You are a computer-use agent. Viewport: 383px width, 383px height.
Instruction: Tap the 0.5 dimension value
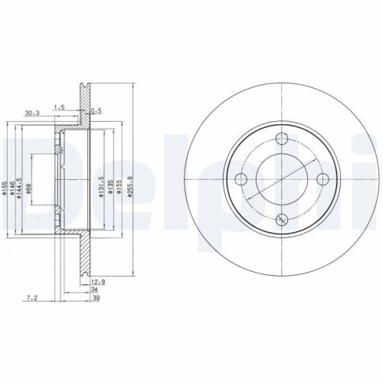96,110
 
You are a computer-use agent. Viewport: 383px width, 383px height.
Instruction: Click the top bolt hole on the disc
281,139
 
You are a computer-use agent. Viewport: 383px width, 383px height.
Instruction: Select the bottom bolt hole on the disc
281,219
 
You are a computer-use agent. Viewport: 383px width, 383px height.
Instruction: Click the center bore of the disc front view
281,179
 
